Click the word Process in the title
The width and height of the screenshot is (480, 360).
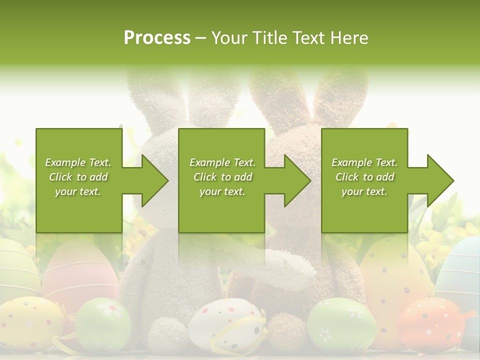pyautogui.click(x=157, y=38)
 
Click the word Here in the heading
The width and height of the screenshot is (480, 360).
pyautogui.click(x=348, y=38)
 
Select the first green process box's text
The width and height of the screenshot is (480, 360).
pyautogui.click(x=78, y=177)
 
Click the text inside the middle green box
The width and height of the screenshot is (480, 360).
pyautogui.click(x=222, y=177)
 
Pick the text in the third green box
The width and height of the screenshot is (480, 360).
pyautogui.click(x=364, y=177)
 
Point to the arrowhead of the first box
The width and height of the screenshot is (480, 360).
pyautogui.click(x=154, y=180)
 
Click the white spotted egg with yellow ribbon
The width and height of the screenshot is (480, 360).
pyautogui.click(x=227, y=325)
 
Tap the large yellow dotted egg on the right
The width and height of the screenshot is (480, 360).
pyautogui.click(x=392, y=275)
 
